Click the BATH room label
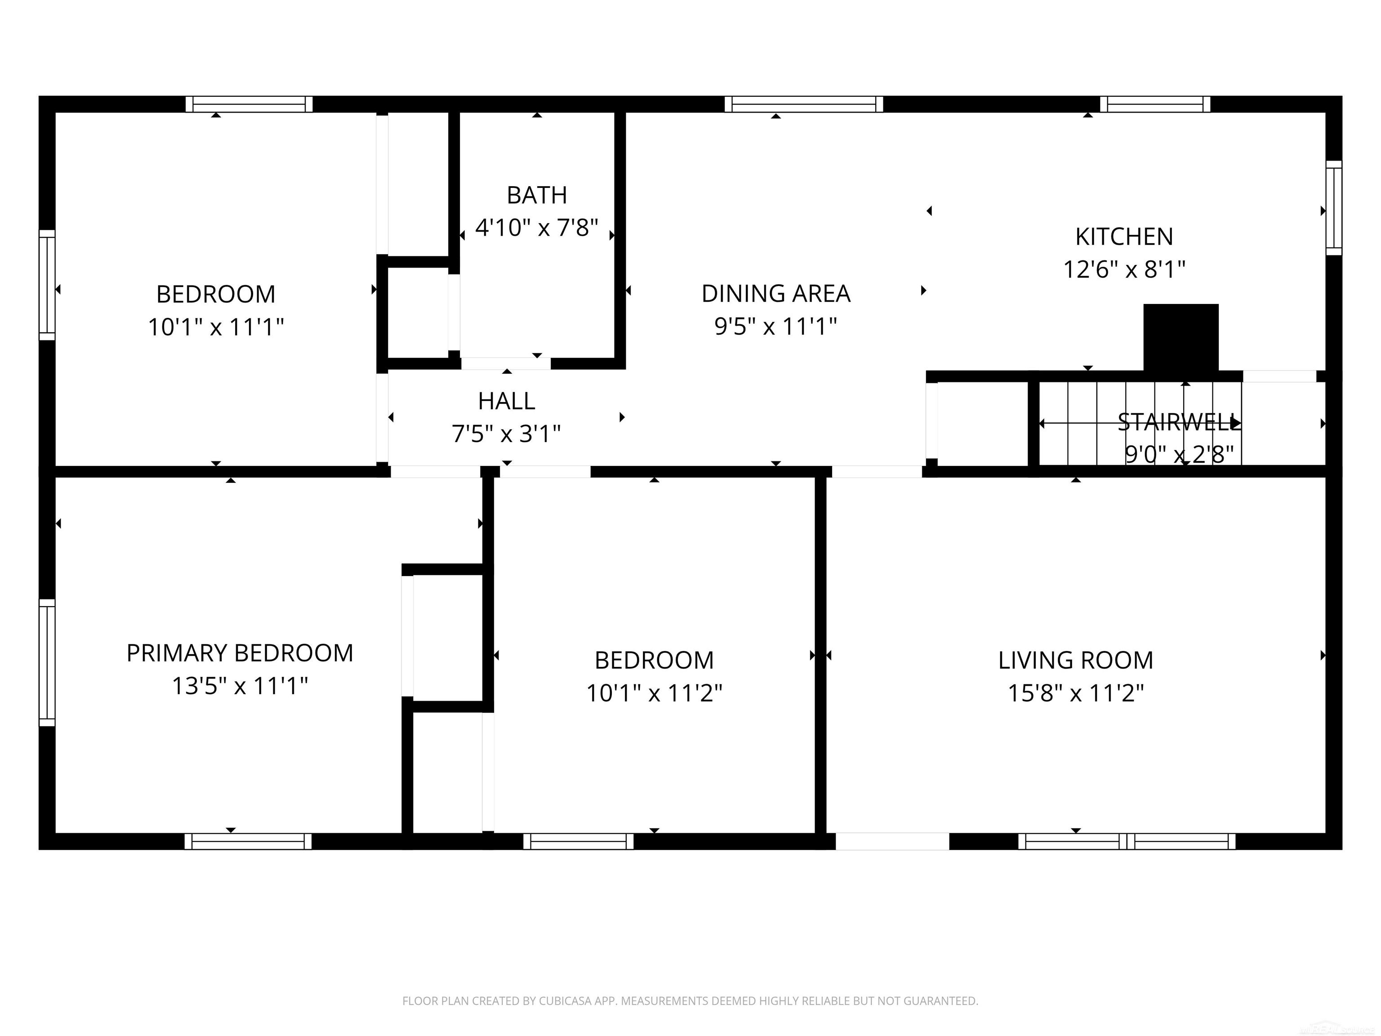click(x=536, y=196)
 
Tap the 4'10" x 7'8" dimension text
click(x=536, y=228)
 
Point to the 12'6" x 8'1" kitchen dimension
click(x=1124, y=270)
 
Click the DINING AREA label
click(x=775, y=294)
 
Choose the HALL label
click(x=506, y=402)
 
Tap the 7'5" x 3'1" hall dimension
click(x=506, y=434)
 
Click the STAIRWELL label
click(x=1179, y=423)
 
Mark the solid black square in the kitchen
click(x=1181, y=337)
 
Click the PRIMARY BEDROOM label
click(x=240, y=653)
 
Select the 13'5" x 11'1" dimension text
click(x=240, y=686)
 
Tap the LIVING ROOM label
click(x=1075, y=660)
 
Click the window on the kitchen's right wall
click(x=1333, y=208)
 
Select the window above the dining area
click(x=803, y=104)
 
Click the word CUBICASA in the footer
click(x=565, y=1001)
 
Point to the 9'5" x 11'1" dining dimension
click(x=775, y=326)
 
